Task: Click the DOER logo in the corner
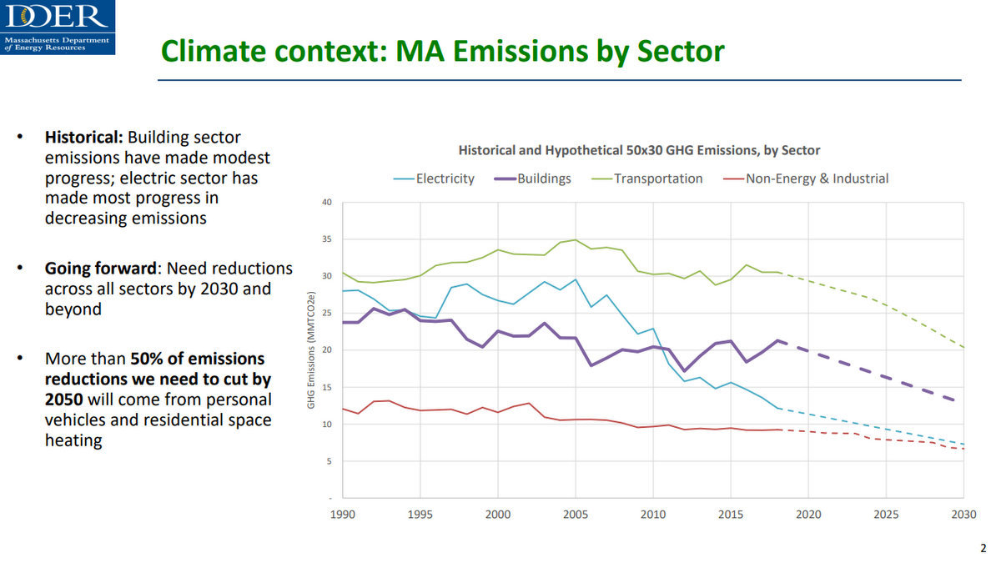click(x=57, y=27)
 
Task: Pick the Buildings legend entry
click(x=544, y=178)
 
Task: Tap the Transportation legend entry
click(x=657, y=178)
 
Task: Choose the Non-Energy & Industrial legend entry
click(x=817, y=178)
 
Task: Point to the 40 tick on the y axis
click(x=326, y=203)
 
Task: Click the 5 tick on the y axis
click(x=329, y=461)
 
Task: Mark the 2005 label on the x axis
click(x=575, y=515)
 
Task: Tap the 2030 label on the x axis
click(x=963, y=515)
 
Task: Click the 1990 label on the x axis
click(x=343, y=515)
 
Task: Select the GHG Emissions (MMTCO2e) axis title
click(x=310, y=349)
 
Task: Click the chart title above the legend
click(x=639, y=151)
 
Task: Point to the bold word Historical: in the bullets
click(x=84, y=137)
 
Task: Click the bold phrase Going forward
click(x=101, y=269)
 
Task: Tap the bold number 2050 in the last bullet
click(x=63, y=399)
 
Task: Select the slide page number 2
click(x=982, y=548)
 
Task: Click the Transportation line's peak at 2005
click(x=575, y=240)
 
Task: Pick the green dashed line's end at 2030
click(x=963, y=347)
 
